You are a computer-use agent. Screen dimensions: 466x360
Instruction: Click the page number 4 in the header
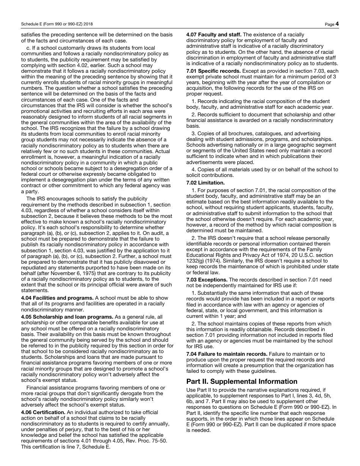click(337, 24)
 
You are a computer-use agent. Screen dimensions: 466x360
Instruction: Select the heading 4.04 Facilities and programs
click(57, 298)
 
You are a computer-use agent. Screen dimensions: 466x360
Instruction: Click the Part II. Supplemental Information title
click(242, 381)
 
